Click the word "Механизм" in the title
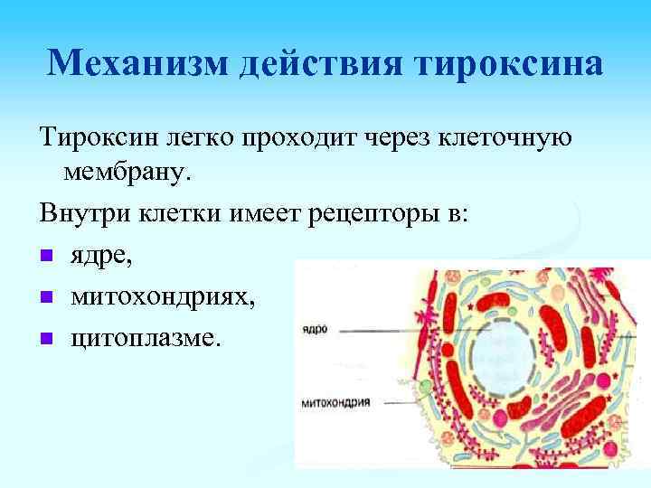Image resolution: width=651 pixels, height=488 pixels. coord(130,63)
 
